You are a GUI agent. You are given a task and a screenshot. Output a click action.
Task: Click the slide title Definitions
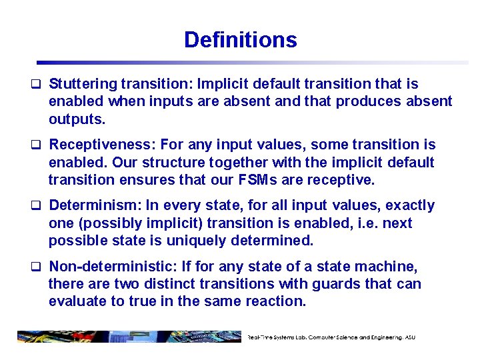coord(240,40)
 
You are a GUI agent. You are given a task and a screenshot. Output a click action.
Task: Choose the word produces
coord(371,101)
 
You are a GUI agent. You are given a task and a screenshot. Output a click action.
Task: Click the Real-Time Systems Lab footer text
coord(331,337)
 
